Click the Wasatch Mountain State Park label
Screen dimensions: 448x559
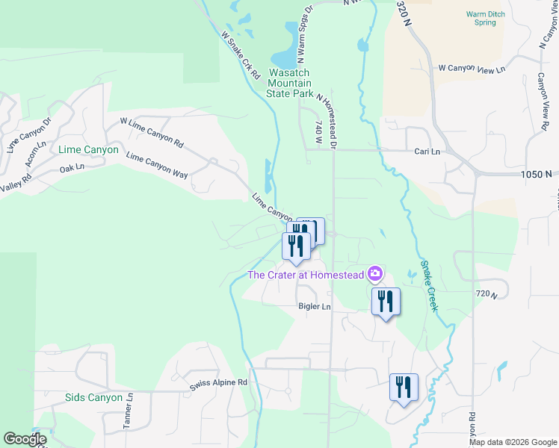coord(300,84)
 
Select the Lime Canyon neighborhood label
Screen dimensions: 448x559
coord(88,149)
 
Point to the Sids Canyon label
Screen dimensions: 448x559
coord(93,397)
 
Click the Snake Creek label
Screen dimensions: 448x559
coord(427,276)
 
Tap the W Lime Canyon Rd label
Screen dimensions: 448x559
coord(152,131)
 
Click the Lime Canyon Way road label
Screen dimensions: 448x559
coord(157,166)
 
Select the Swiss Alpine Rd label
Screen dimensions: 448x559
coord(218,382)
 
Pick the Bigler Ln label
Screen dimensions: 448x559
coord(314,306)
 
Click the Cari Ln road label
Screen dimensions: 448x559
coord(427,151)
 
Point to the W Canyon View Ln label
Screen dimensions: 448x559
coord(472,68)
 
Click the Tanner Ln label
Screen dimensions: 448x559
coord(128,412)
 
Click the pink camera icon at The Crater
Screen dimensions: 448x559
coord(375,275)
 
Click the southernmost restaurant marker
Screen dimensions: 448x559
coord(404,388)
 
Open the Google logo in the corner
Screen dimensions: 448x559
coord(24,439)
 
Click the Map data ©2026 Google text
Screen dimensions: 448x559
coord(513,442)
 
